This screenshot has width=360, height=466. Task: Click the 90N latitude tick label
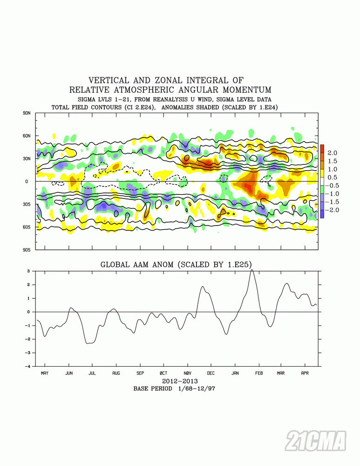pyautogui.click(x=26, y=113)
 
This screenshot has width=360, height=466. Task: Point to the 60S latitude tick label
pyautogui.click(x=26, y=227)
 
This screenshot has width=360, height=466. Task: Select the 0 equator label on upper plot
pyautogui.click(x=27, y=181)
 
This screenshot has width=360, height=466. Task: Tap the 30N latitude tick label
pyautogui.click(x=26, y=158)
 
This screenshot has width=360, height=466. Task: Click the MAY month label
pyautogui.click(x=45, y=373)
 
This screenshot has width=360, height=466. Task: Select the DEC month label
pyautogui.click(x=211, y=373)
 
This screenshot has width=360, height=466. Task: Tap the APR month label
pyautogui.click(x=305, y=373)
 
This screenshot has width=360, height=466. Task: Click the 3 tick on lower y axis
pyautogui.click(x=29, y=271)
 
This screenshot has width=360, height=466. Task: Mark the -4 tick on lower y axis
pyautogui.click(x=28, y=366)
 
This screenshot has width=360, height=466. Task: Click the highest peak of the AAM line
pyautogui.click(x=252, y=270)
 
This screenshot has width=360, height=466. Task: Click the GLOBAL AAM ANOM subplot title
pyautogui.click(x=177, y=265)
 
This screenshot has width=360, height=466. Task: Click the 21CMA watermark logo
pyautogui.click(x=316, y=441)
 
